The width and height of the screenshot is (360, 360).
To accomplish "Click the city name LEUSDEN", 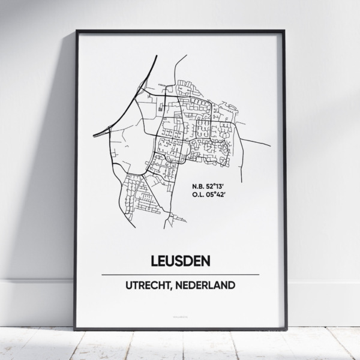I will (180, 262).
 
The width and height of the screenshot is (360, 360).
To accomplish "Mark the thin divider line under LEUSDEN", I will (180, 275).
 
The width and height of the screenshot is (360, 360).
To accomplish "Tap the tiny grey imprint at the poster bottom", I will (180, 313).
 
